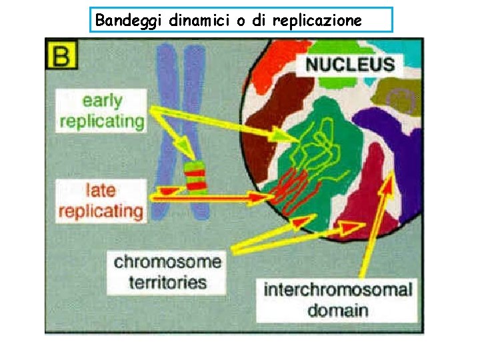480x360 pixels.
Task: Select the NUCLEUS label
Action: click(x=351, y=65)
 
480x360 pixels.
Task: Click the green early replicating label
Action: click(x=102, y=111)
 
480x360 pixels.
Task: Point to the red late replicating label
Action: click(x=101, y=201)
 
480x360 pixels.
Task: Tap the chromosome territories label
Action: click(x=167, y=271)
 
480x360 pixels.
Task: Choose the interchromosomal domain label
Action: click(x=337, y=300)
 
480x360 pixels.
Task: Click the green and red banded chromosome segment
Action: click(x=196, y=176)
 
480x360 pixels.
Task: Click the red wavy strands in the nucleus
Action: click(x=293, y=190)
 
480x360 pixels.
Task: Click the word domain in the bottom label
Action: click(x=337, y=311)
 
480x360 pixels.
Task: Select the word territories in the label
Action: click(x=167, y=281)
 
